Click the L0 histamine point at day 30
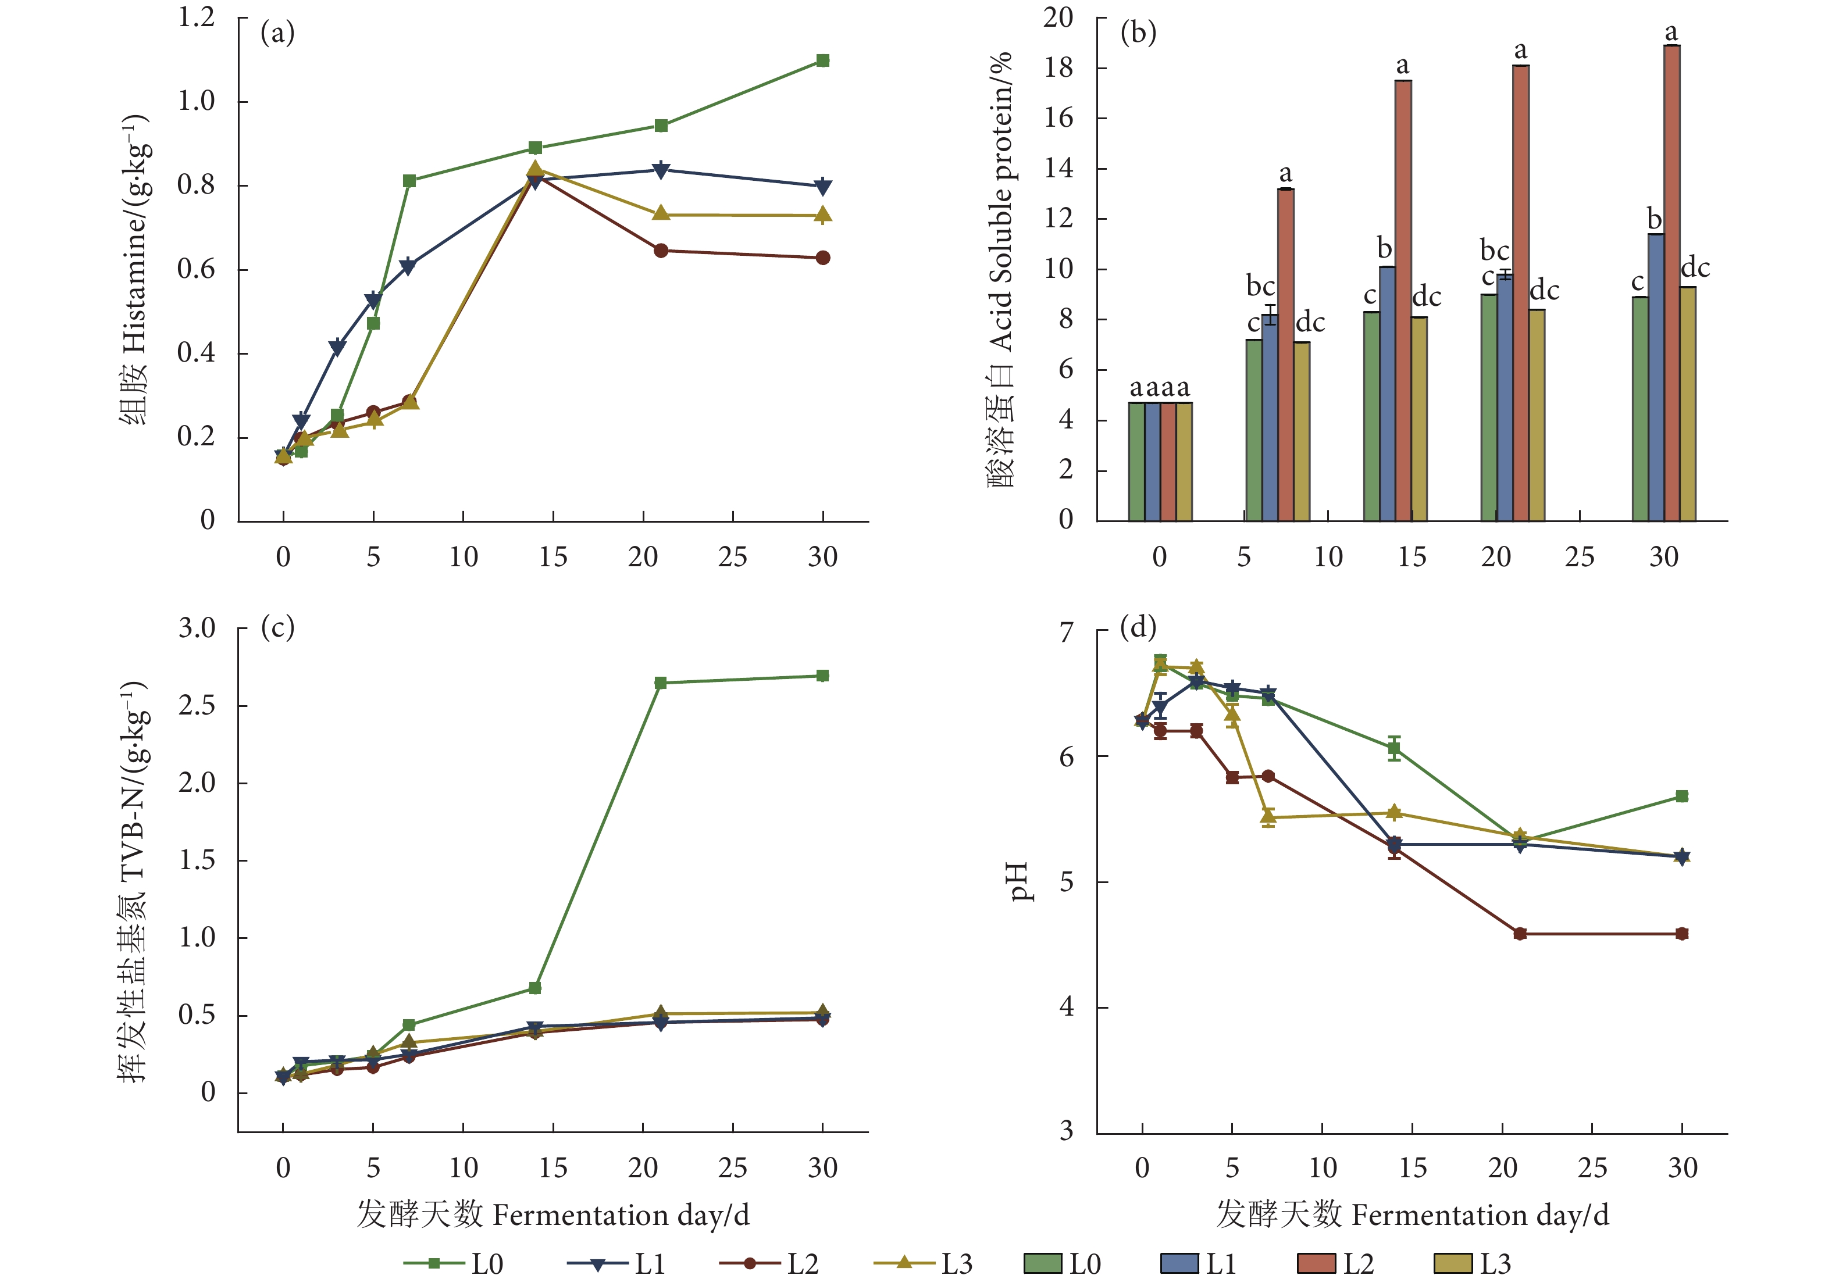coord(822,60)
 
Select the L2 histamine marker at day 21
coord(661,251)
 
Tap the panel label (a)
coord(277,34)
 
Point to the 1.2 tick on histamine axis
coord(197,17)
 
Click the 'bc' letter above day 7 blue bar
coord(1261,285)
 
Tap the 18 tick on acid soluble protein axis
coord(1059,68)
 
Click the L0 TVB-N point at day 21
coord(661,683)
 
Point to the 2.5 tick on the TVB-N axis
coord(197,705)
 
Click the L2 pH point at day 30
coord(1682,933)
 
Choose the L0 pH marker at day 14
coord(1394,748)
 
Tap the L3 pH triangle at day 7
coord(1268,816)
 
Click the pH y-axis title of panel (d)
coord(1019,881)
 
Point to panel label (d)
coord(1138,627)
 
